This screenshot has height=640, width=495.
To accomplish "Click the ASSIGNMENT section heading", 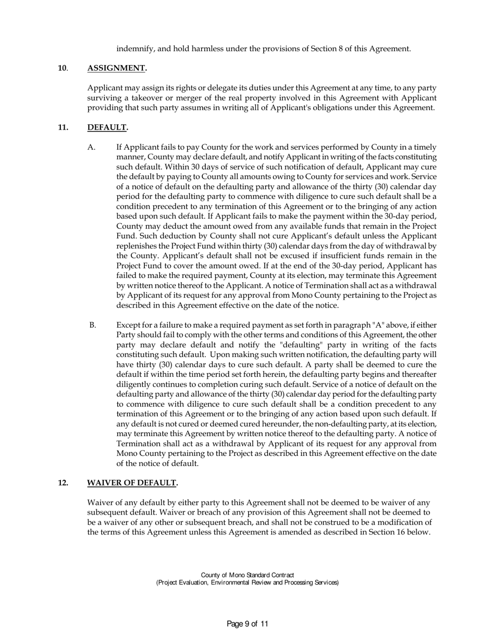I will [116, 68].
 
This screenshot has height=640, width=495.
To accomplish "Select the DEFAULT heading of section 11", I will [107, 127].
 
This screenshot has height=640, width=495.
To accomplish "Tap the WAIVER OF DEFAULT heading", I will [132, 483].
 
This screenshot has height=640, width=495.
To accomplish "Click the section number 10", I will [62, 68].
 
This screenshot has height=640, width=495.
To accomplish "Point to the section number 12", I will [63, 483].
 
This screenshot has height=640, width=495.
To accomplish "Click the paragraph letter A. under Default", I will [92, 147].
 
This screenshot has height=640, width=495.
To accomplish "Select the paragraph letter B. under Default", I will [92, 325].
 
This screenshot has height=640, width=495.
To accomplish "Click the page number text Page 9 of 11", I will [247, 624].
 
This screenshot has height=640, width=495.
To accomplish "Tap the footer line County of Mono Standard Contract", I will [247, 575].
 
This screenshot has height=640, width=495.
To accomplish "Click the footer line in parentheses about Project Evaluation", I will [247, 583].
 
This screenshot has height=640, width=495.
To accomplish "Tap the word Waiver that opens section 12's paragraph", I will [100, 503].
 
